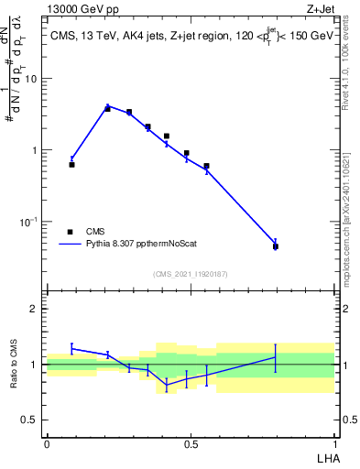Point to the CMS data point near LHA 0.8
[x=275, y=246]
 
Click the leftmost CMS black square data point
[x=71, y=165]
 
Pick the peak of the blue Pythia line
[x=107, y=106]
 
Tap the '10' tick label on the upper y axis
[x=31, y=79]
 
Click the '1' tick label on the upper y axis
[x=35, y=150]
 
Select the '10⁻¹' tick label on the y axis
[x=30, y=222]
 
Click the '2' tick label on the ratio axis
[x=35, y=309]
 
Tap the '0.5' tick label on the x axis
[x=191, y=444]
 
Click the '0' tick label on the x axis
[x=46, y=444]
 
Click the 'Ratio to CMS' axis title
[x=13, y=365]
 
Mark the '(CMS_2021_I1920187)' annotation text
[x=191, y=274]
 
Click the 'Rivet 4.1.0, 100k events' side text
[x=351, y=73]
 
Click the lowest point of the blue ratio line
[x=167, y=385]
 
